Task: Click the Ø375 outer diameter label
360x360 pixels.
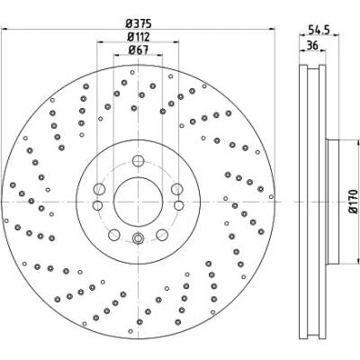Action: pos(139,23)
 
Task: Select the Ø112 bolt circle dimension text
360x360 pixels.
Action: pos(139,37)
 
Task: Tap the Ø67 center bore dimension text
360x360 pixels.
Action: pos(139,49)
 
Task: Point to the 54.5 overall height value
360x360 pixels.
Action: pos(319,30)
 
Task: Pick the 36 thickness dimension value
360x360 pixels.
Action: pos(312,46)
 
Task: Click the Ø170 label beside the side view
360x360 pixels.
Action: pos(354,202)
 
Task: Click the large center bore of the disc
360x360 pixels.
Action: pos(138,202)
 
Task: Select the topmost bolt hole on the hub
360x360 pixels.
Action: pos(138,161)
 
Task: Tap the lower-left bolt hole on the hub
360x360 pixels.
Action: pos(114,235)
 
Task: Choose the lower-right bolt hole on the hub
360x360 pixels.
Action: pos(162,235)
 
